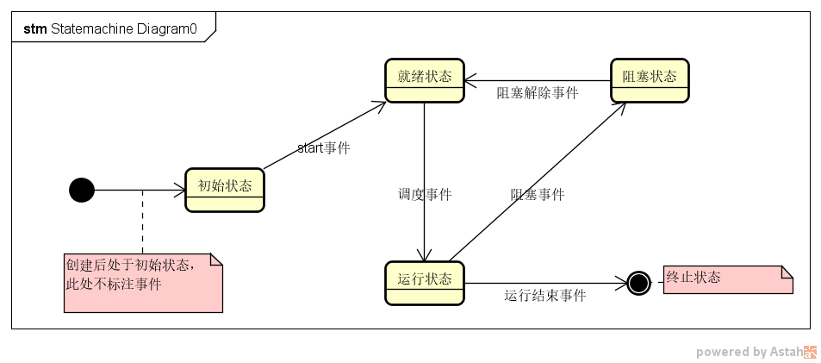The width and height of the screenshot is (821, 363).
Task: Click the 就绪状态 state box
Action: (424, 80)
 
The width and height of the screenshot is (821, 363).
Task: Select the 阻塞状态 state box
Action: (650, 80)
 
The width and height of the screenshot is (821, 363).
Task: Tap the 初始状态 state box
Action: (225, 190)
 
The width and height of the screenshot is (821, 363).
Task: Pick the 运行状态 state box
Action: (424, 283)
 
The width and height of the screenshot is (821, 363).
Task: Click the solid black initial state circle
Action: (81, 190)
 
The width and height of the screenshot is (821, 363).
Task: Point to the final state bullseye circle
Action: (638, 283)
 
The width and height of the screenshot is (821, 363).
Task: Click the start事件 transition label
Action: (323, 147)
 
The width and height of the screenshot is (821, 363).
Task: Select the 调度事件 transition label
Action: (425, 194)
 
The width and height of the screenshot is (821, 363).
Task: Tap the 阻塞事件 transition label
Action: (538, 194)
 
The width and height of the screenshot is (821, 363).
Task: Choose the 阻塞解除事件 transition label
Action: (537, 93)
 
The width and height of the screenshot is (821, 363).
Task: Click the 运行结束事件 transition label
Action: (544, 296)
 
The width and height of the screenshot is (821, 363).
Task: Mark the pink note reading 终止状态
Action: (728, 280)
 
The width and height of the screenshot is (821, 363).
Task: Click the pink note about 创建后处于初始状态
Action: (143, 283)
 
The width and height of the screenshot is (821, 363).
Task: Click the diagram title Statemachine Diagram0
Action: (124, 28)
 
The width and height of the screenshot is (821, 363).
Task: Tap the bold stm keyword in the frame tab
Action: (35, 28)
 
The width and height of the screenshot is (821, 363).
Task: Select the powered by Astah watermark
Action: (756, 352)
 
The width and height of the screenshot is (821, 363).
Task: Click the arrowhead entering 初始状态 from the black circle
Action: (180, 190)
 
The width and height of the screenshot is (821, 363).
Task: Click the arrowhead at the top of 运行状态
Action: (424, 255)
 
